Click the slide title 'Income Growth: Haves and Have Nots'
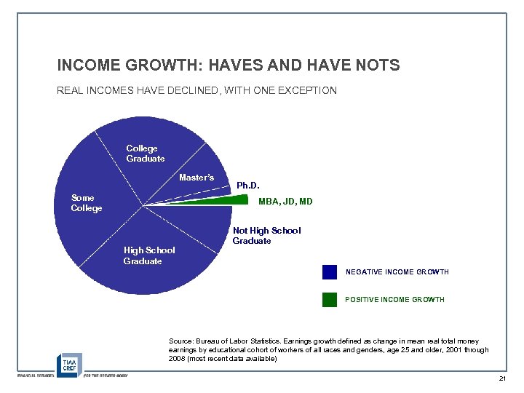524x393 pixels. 229,65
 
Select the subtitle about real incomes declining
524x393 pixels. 196,91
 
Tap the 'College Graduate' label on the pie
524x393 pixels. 146,154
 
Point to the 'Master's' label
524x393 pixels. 196,178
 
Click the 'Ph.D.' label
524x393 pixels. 248,186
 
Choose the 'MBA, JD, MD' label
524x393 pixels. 285,202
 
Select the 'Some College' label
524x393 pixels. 87,203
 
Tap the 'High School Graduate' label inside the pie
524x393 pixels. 149,255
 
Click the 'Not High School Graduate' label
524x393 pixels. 266,236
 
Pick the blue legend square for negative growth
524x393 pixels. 330,272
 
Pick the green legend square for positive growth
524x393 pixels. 330,300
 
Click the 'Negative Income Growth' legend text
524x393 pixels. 397,272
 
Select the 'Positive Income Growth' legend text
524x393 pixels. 394,300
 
